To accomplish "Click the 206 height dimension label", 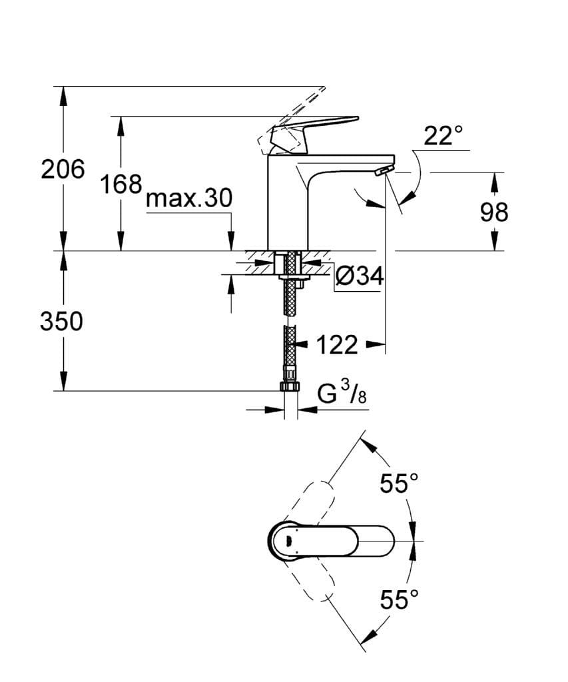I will [x=63, y=170].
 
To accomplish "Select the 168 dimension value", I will [x=121, y=184].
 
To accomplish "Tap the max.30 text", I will [x=188, y=198].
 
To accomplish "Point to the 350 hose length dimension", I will [x=61, y=322].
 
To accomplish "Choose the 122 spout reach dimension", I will [x=336, y=345].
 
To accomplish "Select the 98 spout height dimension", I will [x=493, y=212].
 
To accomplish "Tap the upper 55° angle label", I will [x=399, y=484].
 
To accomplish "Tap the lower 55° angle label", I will [x=399, y=600].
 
